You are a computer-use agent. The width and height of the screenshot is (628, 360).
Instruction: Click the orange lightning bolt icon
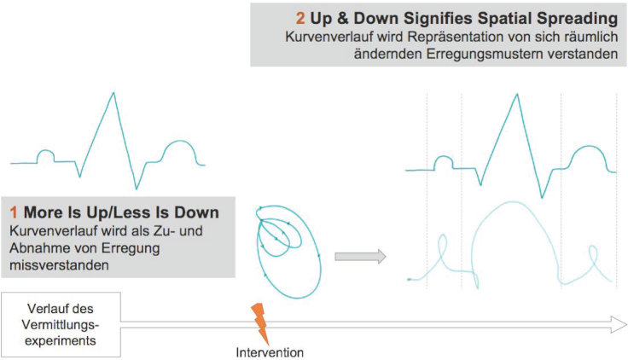coord(260,323)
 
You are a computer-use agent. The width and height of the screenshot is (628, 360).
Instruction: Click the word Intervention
coord(270,352)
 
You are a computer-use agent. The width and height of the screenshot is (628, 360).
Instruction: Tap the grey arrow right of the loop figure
coord(360,256)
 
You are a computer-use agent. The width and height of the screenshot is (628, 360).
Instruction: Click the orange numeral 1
coord(14,212)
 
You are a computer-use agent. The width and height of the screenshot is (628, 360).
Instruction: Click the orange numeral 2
coord(300,19)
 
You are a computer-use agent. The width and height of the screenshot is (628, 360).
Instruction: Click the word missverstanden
coord(59,265)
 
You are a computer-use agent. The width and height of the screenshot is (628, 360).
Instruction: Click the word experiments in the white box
coord(61,340)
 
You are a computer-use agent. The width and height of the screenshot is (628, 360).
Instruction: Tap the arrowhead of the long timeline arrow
coord(619,324)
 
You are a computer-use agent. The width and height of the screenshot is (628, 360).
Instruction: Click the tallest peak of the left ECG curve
coord(113,93)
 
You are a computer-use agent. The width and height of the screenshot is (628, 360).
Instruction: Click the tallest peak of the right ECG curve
coord(517,95)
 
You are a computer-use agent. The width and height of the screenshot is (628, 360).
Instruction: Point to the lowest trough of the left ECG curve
coord(137,189)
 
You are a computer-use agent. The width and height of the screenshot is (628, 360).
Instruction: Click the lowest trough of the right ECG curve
coord(542,197)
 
